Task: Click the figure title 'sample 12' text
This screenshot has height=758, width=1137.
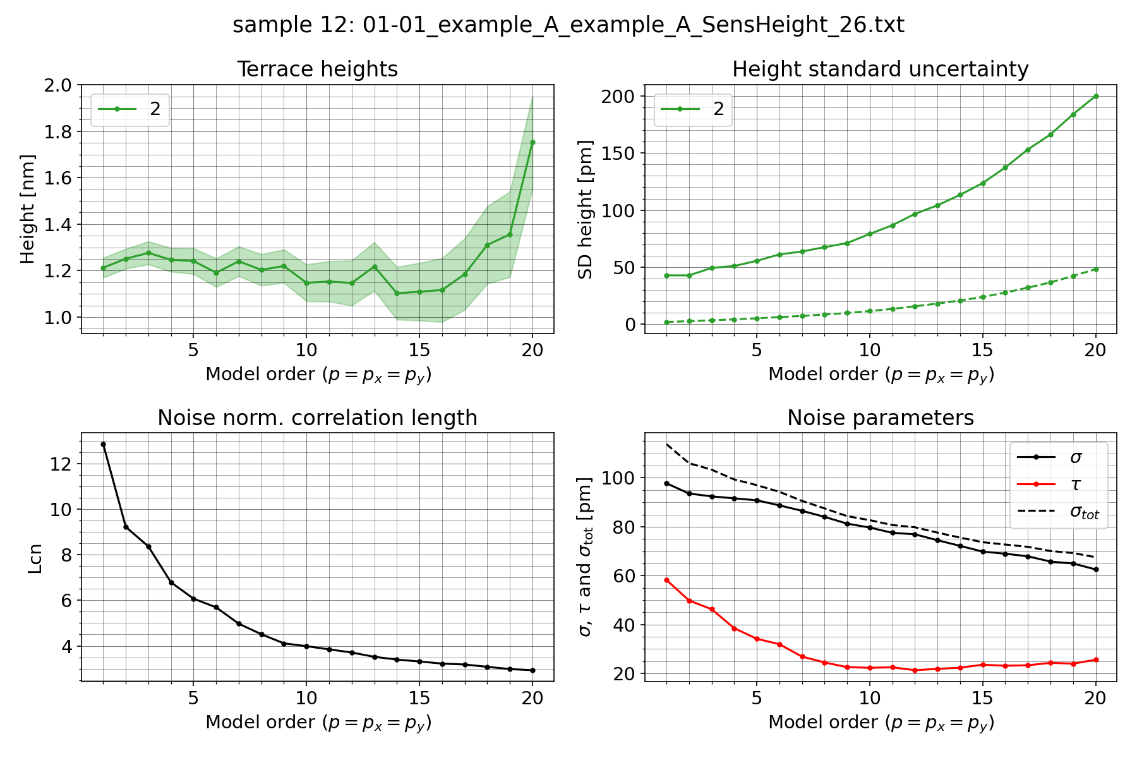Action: (568, 25)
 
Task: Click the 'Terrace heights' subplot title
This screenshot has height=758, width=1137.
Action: (317, 69)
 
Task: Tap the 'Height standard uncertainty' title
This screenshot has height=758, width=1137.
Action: (880, 69)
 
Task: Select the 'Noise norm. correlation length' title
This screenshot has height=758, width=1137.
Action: (317, 418)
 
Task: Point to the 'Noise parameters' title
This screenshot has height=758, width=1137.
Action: (880, 418)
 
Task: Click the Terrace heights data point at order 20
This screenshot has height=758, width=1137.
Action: (532, 143)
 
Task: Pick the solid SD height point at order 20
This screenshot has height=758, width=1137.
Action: (1096, 96)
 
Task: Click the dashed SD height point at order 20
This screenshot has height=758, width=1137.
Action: (1096, 269)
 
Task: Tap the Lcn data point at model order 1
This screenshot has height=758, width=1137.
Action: (103, 445)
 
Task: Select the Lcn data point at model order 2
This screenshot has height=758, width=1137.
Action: (126, 527)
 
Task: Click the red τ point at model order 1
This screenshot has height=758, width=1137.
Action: (666, 580)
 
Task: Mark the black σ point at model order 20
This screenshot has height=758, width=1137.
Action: (1096, 570)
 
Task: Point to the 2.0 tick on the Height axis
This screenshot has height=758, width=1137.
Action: (59, 85)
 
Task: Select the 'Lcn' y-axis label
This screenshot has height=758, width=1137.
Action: (35, 558)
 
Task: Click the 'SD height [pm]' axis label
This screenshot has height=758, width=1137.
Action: (586, 208)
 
